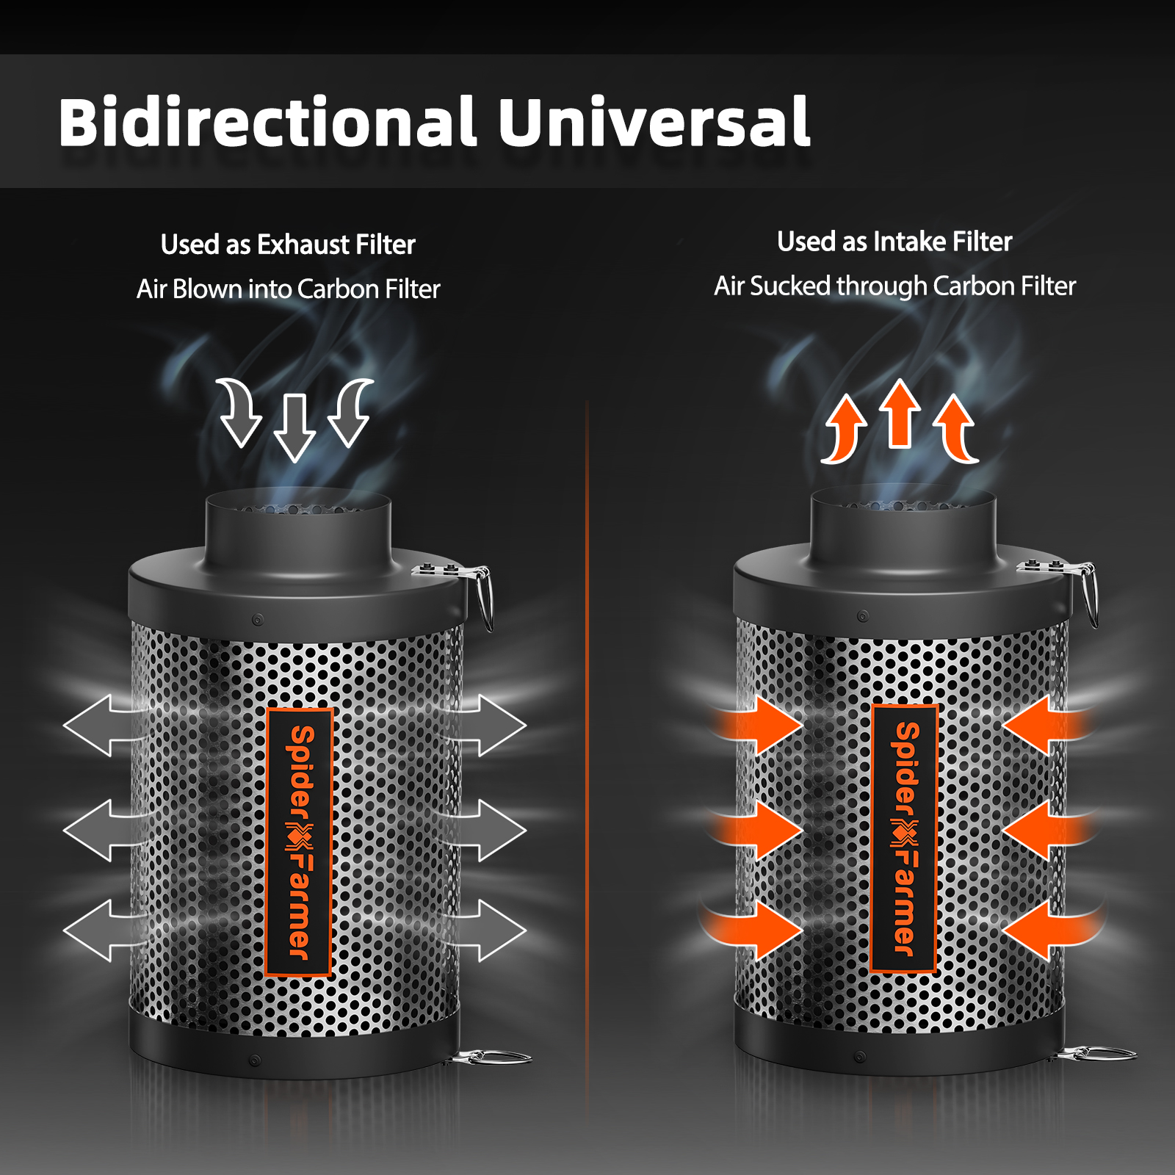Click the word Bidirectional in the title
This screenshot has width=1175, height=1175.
click(267, 122)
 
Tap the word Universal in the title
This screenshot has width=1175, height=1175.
click(654, 122)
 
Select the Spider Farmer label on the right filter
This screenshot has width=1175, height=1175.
click(905, 838)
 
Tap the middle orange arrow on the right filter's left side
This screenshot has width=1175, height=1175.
click(760, 830)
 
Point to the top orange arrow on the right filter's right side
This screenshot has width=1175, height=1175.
click(1043, 725)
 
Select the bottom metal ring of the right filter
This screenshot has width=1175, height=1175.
click(1094, 1055)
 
